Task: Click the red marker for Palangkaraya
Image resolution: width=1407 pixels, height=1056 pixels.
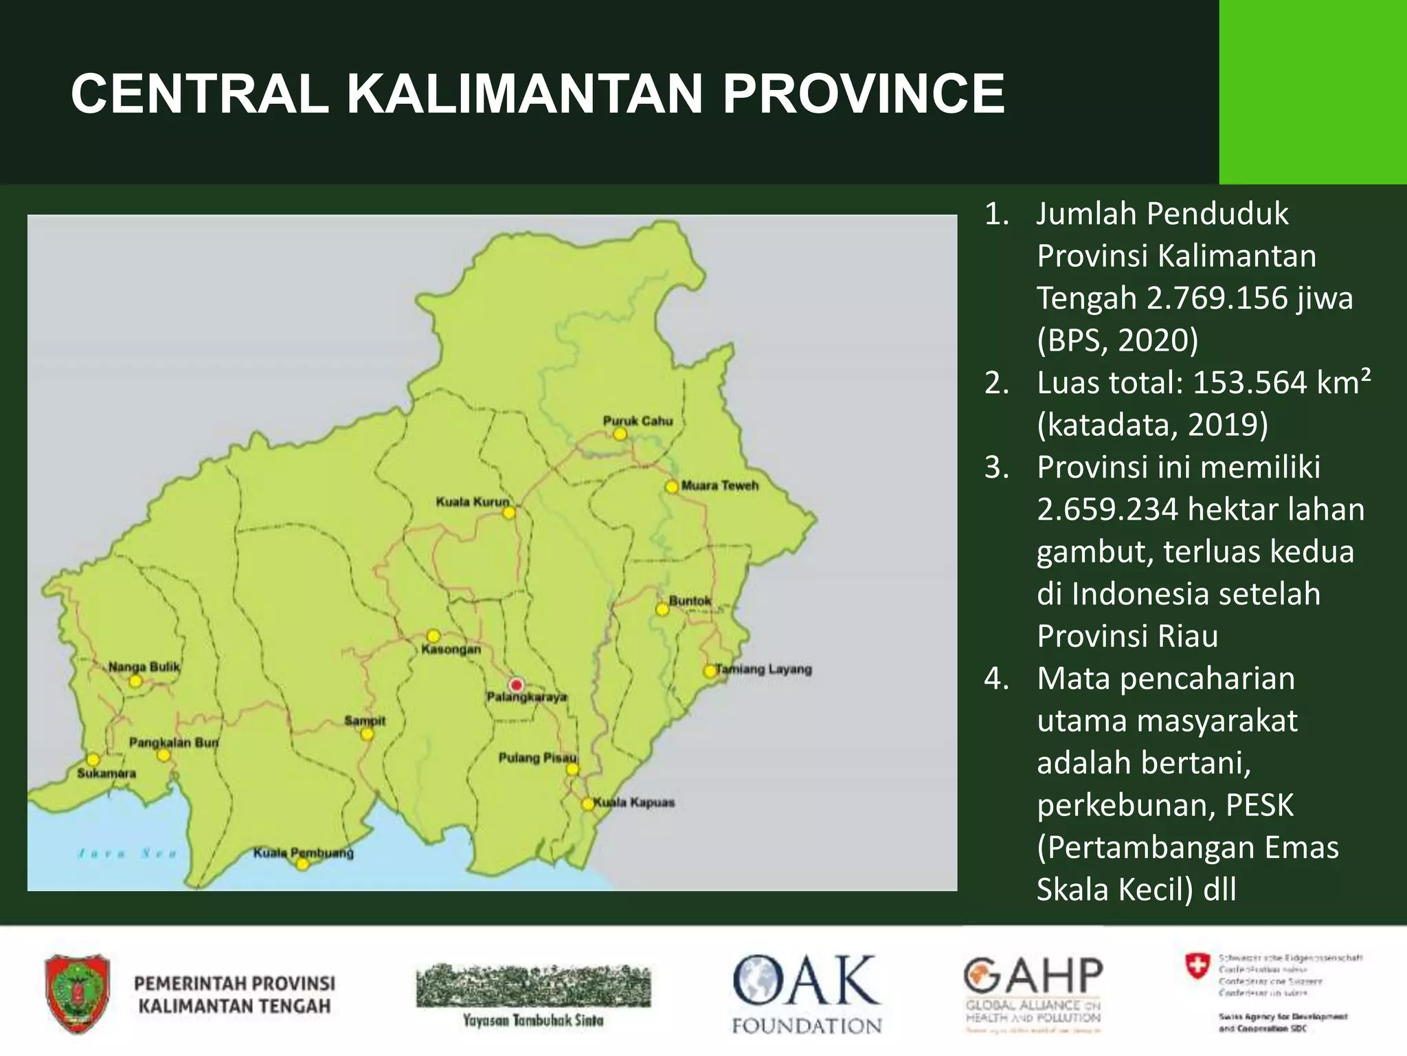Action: pyautogui.click(x=516, y=685)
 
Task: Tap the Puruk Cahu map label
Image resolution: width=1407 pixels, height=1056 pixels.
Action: pyautogui.click(x=638, y=421)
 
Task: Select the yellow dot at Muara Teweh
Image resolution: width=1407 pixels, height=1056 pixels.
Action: pyautogui.click(x=672, y=487)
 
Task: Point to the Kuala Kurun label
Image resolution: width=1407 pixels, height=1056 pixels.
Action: pyautogui.click(x=473, y=502)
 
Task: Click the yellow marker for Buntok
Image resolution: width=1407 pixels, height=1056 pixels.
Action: pyautogui.click(x=662, y=609)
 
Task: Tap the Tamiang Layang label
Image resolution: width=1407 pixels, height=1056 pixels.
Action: pyautogui.click(x=764, y=669)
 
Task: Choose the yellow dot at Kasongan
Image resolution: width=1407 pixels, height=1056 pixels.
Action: pyautogui.click(x=434, y=636)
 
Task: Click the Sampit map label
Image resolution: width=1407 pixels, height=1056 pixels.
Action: pyautogui.click(x=365, y=720)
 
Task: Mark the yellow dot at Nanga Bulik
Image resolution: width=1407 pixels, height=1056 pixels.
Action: pyautogui.click(x=136, y=681)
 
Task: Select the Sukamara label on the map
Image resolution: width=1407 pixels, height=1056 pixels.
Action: pyautogui.click(x=106, y=773)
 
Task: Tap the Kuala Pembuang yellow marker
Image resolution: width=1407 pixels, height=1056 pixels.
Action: pyautogui.click(x=302, y=864)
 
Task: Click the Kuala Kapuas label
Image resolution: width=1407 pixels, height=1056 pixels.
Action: pyautogui.click(x=634, y=802)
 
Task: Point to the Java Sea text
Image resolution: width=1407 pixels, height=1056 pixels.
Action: pyautogui.click(x=128, y=854)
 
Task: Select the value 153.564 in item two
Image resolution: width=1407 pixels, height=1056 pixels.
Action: pyautogui.click(x=1250, y=383)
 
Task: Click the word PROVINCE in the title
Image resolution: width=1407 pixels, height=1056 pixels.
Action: pyautogui.click(x=863, y=93)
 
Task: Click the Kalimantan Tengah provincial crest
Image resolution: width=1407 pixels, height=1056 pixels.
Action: pyautogui.click(x=78, y=993)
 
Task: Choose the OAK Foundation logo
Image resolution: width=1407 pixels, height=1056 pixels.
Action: pyautogui.click(x=807, y=994)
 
